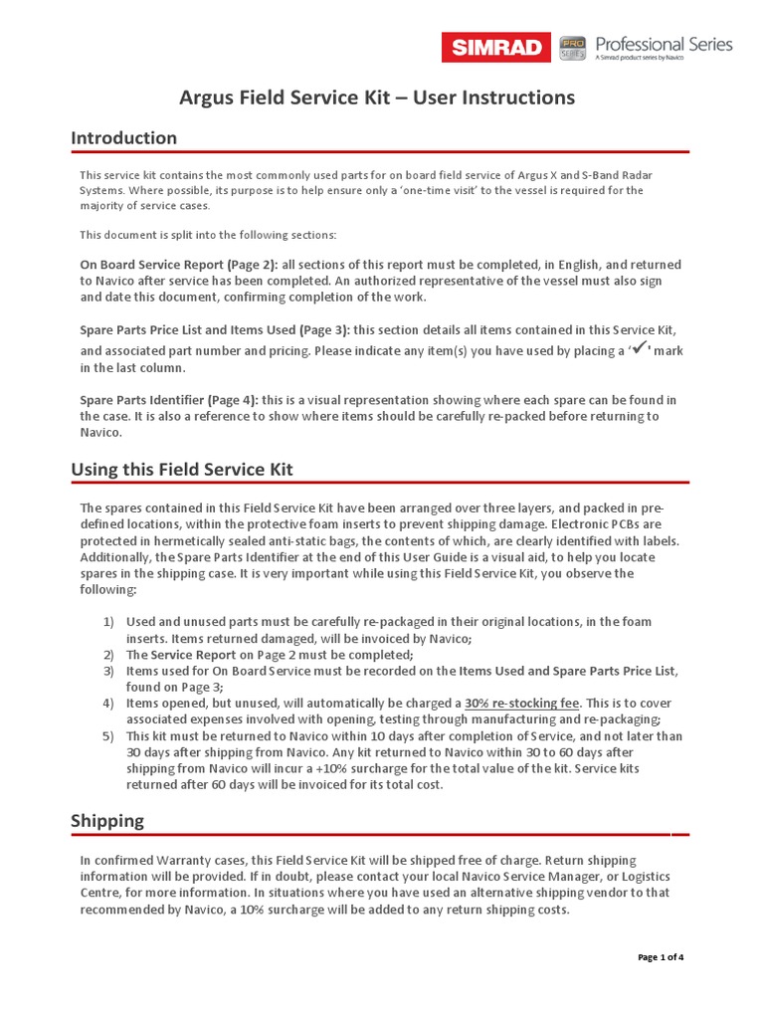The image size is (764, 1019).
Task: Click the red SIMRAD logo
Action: coord(495,47)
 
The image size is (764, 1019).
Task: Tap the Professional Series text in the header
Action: coord(663,45)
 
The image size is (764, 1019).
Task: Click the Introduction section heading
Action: coord(123,137)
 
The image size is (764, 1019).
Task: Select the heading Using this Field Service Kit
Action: coord(182,469)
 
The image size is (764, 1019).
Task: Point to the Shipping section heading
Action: coord(107,821)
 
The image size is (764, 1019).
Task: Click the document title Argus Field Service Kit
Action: coord(377,98)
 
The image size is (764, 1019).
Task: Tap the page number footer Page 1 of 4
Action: coord(661,957)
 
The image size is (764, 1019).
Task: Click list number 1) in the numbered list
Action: coord(108,622)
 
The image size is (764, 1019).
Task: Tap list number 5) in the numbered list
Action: coord(108,736)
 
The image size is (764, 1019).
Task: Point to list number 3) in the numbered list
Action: coord(108,672)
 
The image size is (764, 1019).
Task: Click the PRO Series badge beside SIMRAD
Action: coord(571,47)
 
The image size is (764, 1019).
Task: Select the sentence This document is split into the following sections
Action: coord(208,235)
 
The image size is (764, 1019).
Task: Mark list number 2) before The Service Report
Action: coord(108,655)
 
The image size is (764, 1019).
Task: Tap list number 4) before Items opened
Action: coord(108,704)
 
